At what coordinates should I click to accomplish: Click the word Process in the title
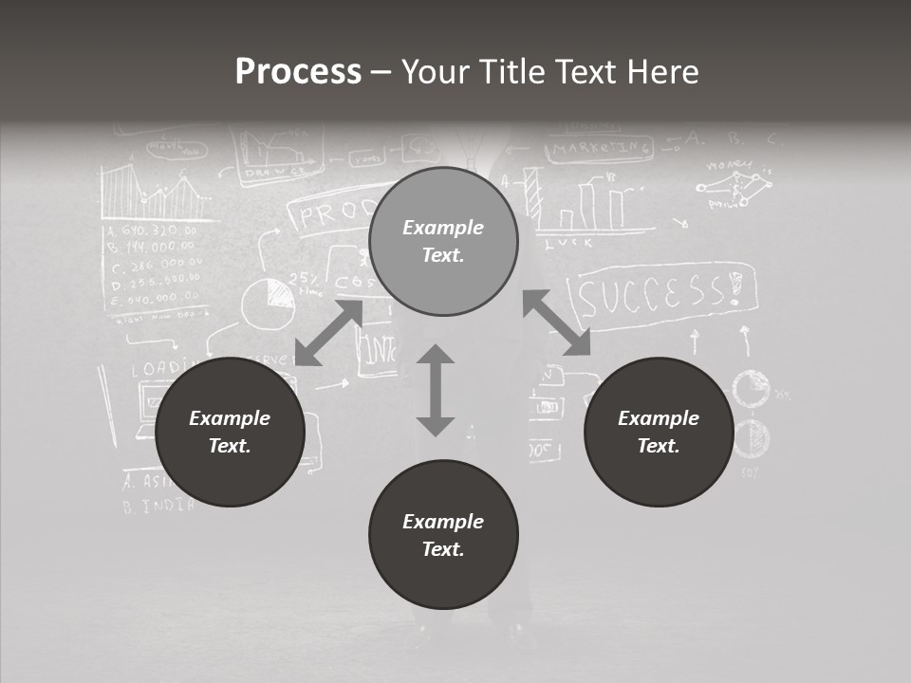click(298, 71)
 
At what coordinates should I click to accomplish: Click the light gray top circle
click(443, 242)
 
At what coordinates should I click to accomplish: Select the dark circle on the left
click(230, 432)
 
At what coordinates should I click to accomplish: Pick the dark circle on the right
click(658, 432)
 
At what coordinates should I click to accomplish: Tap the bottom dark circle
click(443, 535)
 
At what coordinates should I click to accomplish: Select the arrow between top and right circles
click(556, 323)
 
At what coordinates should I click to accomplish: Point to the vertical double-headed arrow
click(436, 390)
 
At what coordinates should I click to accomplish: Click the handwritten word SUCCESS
click(664, 293)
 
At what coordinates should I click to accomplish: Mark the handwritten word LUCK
click(569, 242)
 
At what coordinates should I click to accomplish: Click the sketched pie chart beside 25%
click(267, 303)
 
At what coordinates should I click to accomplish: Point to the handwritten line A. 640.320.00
click(151, 231)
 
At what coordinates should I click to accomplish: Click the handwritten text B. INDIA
click(158, 505)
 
